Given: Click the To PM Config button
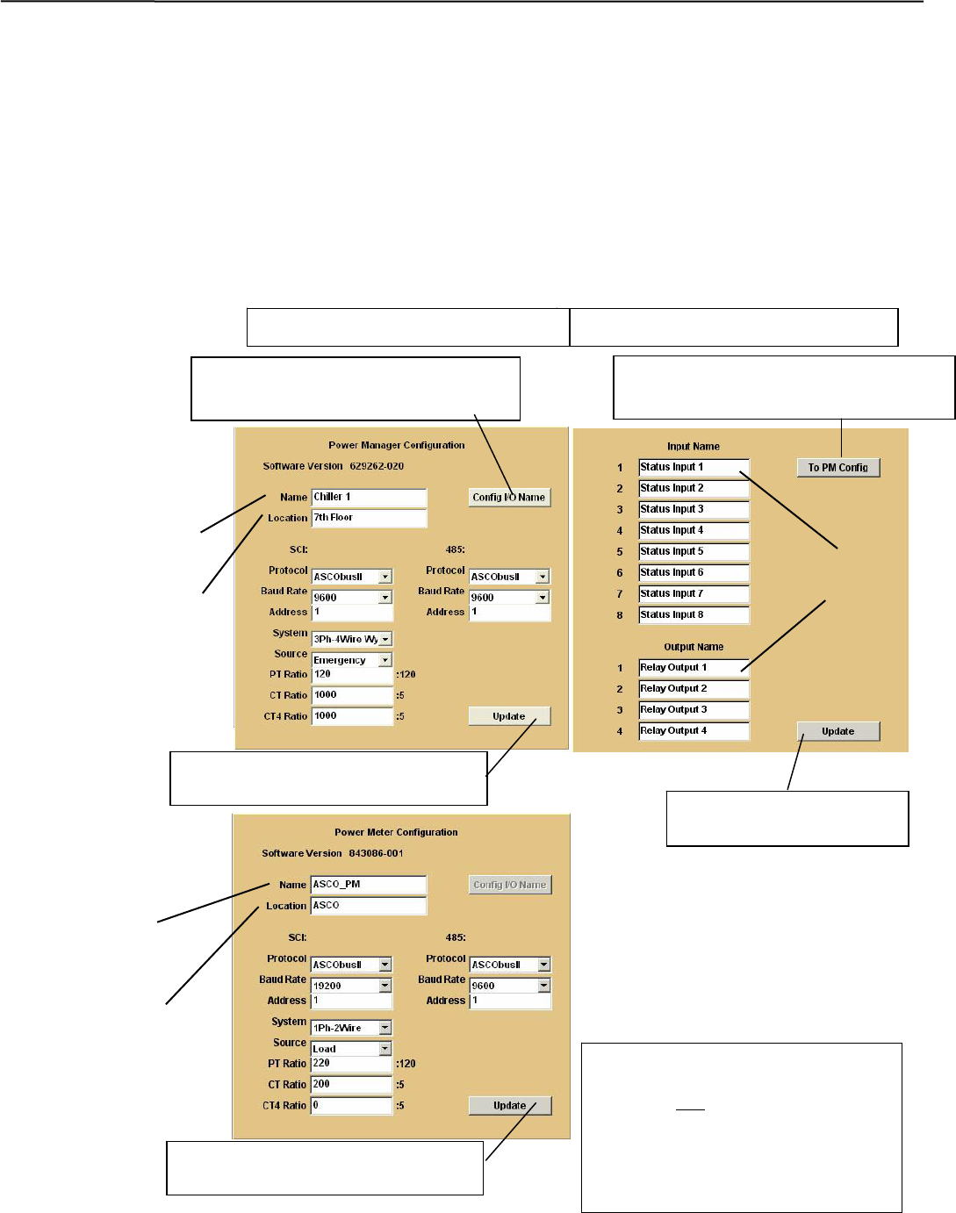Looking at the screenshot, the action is (837, 468).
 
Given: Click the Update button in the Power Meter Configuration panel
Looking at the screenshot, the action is (509, 1106).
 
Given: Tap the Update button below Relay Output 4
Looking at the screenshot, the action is (837, 731).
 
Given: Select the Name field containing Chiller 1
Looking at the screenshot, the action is (369, 498).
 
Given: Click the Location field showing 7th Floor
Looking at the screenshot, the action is (369, 518).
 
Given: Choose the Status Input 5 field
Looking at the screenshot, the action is (694, 552).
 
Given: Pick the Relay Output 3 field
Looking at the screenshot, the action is (694, 710).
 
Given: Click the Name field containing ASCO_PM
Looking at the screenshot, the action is (369, 885).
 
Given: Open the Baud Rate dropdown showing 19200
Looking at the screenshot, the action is (351, 986).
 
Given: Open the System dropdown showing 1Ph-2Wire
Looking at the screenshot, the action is (351, 1028).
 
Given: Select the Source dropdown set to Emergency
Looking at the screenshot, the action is (351, 660).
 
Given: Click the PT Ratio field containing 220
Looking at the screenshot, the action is (351, 1064).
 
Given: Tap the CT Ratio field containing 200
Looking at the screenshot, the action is (351, 1085).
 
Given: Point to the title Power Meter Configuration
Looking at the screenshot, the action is (396, 832).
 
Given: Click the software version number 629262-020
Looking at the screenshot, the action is (377, 466).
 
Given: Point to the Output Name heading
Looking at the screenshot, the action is (694, 647).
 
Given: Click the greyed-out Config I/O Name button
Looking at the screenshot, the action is (509, 885).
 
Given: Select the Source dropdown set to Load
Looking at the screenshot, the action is (351, 1049).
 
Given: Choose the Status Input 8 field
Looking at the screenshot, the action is (694, 615).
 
